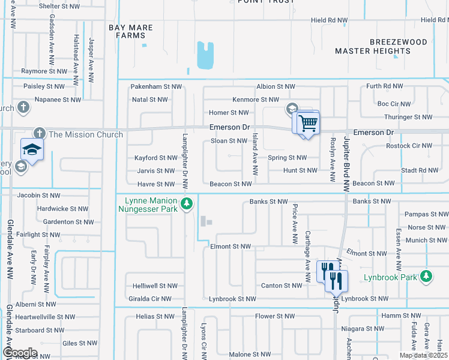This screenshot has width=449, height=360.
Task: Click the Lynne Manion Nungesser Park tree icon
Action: point(187,204)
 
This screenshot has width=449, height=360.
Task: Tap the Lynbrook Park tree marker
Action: point(426,276)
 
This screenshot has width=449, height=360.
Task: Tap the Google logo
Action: point(20,353)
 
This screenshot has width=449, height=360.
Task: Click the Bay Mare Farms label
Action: point(131,32)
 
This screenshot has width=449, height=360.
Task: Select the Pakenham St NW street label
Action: point(156,87)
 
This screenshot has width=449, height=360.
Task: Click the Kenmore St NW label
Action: point(256,100)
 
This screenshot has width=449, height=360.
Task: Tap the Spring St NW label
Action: point(287,158)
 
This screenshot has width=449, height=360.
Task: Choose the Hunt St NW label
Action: point(300,171)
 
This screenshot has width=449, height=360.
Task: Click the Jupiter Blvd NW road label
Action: point(347,163)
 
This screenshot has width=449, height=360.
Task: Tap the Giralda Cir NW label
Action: point(149,299)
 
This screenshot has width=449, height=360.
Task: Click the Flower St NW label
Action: point(275,316)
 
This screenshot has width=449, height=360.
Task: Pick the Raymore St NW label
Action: point(44,71)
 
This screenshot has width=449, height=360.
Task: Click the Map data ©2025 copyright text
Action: point(423,355)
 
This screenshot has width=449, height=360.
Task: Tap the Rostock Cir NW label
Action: point(409,146)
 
